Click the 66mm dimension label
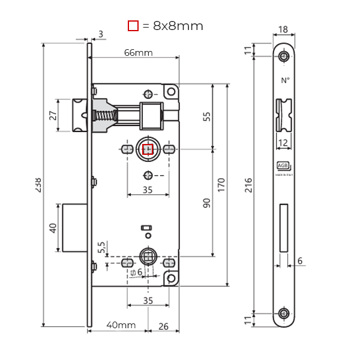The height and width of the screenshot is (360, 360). (x=139, y=52)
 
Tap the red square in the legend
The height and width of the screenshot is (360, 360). (x=133, y=26)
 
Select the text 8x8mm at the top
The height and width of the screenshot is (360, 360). (x=178, y=26)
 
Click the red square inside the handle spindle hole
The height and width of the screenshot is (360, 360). (x=148, y=149)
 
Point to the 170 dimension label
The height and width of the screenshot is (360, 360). (x=221, y=185)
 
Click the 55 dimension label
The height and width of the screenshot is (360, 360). (x=207, y=116)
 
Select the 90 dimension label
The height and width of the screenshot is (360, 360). (x=207, y=202)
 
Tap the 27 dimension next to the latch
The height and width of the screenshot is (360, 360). (x=53, y=115)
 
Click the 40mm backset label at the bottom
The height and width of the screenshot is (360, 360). (x=120, y=325)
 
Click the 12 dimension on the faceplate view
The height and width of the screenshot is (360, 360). (x=283, y=142)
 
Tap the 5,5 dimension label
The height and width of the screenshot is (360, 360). (x=101, y=247)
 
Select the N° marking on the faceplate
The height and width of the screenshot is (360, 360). (x=284, y=80)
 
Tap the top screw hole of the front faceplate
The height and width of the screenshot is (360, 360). (x=284, y=56)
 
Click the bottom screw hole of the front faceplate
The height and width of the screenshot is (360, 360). (x=284, y=314)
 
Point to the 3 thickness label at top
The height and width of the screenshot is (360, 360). (x=101, y=34)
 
